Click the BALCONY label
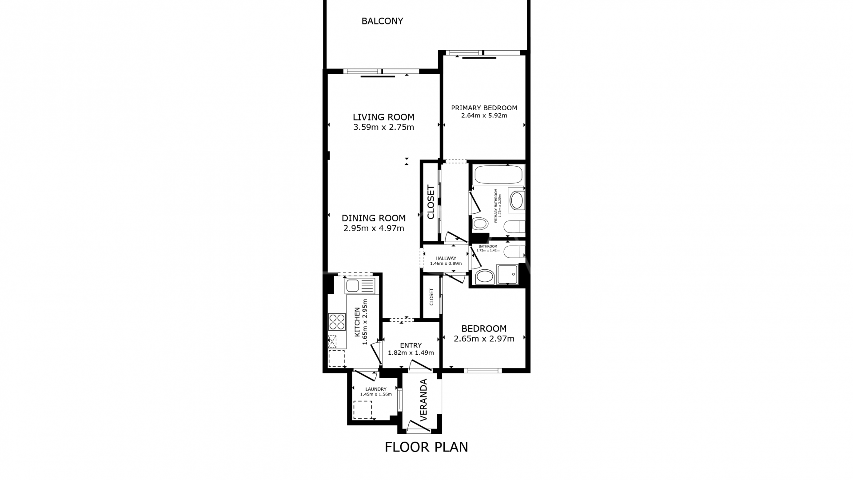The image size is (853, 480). tap(382, 21)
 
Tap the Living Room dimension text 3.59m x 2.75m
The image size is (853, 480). tap(383, 128)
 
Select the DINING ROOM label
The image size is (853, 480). tap(374, 218)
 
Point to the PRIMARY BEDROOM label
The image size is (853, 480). tap(484, 108)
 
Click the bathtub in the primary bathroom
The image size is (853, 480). tap(498, 175)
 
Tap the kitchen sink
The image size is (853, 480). tap(353, 285)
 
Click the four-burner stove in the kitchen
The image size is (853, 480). tap(337, 321)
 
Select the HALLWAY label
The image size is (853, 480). tap(446, 258)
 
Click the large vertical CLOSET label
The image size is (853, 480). tap(430, 202)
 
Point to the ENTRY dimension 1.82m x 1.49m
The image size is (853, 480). tap(411, 353)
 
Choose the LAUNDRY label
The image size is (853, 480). tap(376, 389)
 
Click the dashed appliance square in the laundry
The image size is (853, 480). tap(362, 410)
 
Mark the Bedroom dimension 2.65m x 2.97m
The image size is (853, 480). tap(484, 339)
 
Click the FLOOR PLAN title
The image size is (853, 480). tap(426, 447)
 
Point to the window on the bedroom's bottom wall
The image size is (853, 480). tap(483, 370)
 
